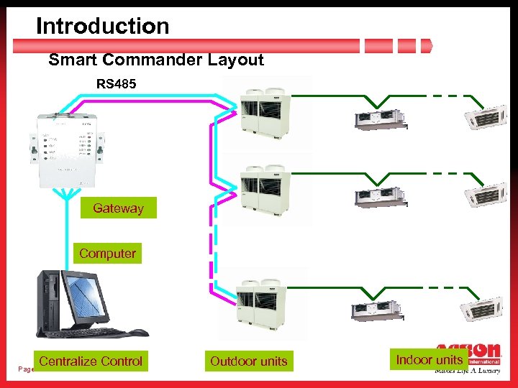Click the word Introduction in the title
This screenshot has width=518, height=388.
click(102, 26)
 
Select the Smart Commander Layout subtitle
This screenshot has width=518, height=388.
click(156, 60)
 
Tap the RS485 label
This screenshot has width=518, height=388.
click(117, 84)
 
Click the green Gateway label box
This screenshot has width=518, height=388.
click(118, 208)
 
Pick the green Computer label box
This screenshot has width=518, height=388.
click(107, 254)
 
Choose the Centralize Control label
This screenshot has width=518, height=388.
click(91, 361)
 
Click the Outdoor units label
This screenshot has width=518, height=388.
click(248, 361)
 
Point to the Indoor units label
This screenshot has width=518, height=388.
click(430, 360)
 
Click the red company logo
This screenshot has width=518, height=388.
click(468, 356)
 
